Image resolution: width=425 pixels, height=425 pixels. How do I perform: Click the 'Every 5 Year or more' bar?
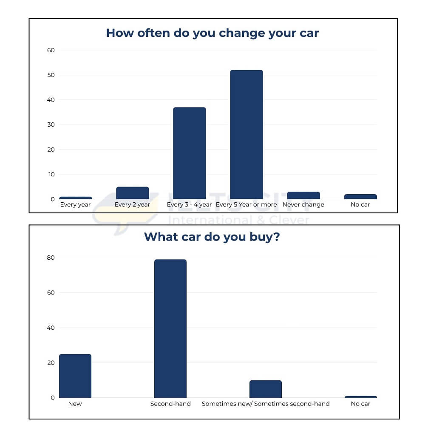(x=246, y=134)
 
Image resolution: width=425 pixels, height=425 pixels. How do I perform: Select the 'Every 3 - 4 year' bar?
(x=190, y=153)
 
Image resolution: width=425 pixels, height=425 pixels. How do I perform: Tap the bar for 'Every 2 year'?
(x=133, y=193)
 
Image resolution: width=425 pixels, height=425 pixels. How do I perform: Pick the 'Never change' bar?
(x=303, y=195)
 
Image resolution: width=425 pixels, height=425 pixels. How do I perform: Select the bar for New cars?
(x=75, y=376)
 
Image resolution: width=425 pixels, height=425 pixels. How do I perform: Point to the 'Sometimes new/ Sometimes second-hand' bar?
(x=266, y=389)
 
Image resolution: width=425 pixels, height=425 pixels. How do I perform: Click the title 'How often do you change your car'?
(x=212, y=33)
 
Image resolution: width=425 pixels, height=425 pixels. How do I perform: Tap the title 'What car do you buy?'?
(x=212, y=237)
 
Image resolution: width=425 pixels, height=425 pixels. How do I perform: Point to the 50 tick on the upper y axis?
(x=51, y=75)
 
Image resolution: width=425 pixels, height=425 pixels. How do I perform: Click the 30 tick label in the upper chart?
(x=51, y=125)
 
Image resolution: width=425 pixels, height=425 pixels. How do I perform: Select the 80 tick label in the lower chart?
(x=51, y=258)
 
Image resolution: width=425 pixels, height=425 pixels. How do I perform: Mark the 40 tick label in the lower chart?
(x=51, y=328)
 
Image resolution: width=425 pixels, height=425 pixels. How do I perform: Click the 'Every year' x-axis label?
(x=75, y=205)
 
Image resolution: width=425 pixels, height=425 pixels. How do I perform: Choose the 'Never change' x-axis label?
(x=303, y=205)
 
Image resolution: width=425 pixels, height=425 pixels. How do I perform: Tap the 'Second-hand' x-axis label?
(x=170, y=404)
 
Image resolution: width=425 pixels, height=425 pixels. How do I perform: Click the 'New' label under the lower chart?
(x=75, y=404)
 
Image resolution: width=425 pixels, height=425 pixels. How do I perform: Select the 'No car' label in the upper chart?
(x=360, y=205)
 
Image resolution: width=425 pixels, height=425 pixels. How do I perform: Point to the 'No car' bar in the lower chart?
(x=360, y=397)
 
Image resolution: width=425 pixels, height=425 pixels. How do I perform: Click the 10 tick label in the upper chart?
(x=51, y=175)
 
